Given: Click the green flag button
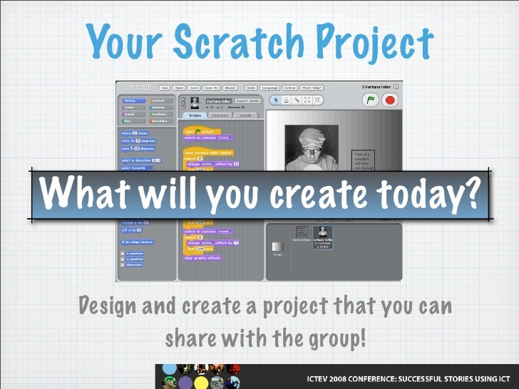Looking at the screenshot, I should click(371, 100).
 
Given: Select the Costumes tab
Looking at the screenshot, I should click(219, 115).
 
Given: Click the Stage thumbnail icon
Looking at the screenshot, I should click(277, 247).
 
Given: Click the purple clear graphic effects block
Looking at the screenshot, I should click(202, 258).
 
